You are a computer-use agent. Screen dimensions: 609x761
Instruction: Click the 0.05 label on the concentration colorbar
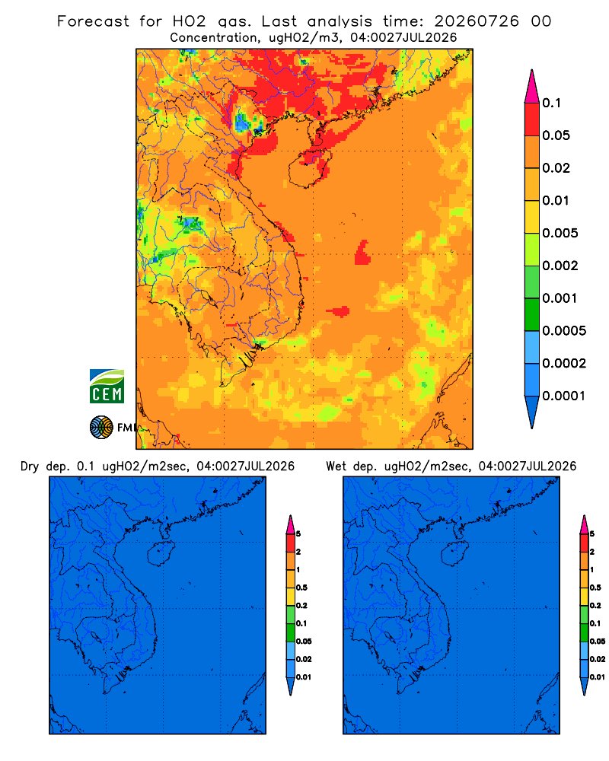(x=556, y=135)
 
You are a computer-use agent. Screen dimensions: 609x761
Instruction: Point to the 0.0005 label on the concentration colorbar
(x=564, y=331)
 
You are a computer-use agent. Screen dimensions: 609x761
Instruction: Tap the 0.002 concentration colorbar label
(x=560, y=266)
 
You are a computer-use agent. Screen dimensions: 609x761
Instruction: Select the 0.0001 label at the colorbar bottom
(x=564, y=396)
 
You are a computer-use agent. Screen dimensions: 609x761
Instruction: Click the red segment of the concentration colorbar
(x=532, y=119)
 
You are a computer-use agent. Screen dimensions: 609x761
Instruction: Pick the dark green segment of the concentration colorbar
(x=532, y=314)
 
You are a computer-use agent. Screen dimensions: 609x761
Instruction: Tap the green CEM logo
(x=107, y=387)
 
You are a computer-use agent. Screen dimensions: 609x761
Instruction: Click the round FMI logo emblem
(x=101, y=428)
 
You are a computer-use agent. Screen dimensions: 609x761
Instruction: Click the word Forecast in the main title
(x=93, y=21)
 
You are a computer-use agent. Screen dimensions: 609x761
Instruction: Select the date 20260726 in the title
(x=477, y=21)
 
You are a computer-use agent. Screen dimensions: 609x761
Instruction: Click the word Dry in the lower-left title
(x=30, y=466)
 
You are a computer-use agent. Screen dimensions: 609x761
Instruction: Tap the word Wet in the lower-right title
(x=336, y=466)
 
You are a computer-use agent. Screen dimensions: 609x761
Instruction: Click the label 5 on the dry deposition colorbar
(x=298, y=534)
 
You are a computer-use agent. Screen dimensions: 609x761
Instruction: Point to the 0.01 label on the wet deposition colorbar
(x=598, y=677)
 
